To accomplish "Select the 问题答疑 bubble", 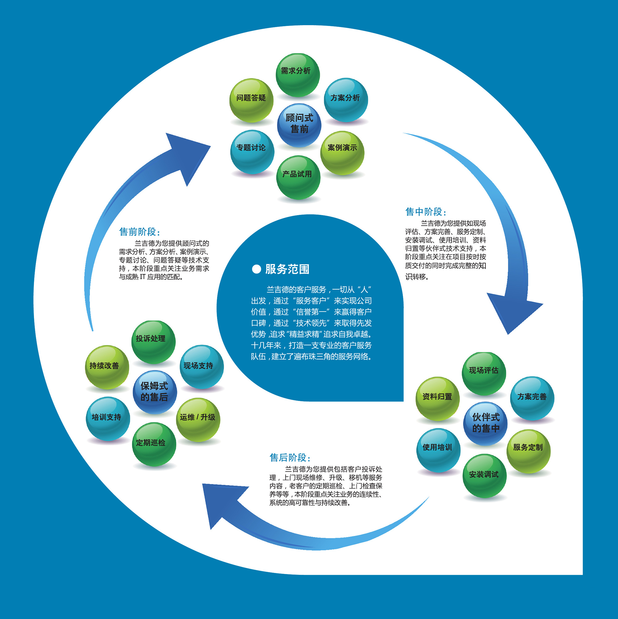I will click(x=251, y=100).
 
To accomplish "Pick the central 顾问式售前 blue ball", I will click(x=299, y=125).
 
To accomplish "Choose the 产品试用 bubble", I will click(x=298, y=177).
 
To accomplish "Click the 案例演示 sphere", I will click(x=342, y=153).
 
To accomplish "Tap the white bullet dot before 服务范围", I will click(x=256, y=269).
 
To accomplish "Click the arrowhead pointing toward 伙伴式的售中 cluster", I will click(x=512, y=312).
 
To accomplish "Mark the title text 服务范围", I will click(x=287, y=269).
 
